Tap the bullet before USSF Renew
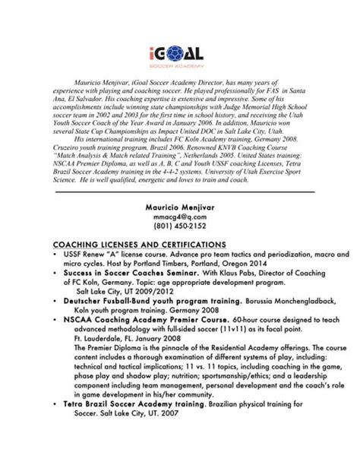(56, 254)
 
